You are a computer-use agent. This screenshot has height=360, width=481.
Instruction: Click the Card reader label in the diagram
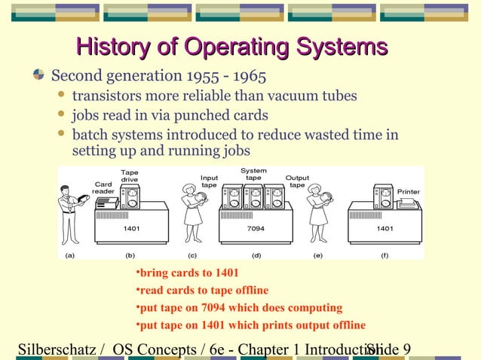pos(103,188)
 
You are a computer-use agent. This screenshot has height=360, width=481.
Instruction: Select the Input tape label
pos(209,182)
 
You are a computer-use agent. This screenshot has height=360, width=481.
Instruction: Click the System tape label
pos(253,174)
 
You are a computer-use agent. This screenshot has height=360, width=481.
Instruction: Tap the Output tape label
pos(296,182)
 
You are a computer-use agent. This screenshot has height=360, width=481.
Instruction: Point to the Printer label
pos(409,192)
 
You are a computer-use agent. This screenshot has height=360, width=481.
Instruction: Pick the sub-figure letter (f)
pos(384,255)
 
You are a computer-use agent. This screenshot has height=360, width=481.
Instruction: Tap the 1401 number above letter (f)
pos(384,227)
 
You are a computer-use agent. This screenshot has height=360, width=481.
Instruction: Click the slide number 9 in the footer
pos(407,349)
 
